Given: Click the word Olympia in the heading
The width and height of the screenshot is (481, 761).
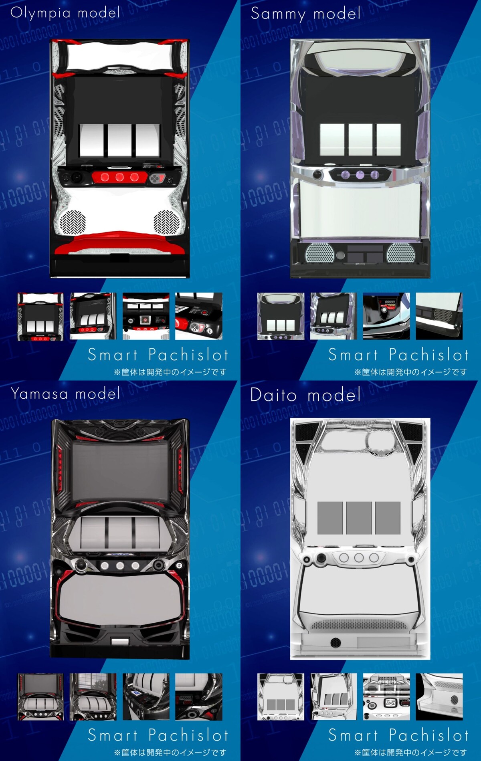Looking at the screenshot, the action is point(40,13).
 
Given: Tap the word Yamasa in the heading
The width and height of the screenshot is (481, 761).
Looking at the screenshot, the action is point(39,394).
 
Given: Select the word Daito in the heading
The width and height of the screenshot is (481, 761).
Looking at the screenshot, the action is point(273,395).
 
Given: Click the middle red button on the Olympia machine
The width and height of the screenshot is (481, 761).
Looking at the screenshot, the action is point(119,177).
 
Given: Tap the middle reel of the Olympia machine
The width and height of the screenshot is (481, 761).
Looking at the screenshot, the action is point(119,140).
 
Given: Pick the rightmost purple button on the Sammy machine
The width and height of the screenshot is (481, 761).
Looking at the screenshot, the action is point(375,174).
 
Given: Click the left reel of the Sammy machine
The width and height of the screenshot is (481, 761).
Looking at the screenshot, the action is point(332,139).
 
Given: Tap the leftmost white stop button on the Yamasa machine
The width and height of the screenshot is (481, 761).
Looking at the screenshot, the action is point(105,565).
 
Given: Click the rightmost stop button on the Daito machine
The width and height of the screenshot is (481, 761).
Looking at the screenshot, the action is point(374,557).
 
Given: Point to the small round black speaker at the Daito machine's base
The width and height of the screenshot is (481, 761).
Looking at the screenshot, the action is point(335,642).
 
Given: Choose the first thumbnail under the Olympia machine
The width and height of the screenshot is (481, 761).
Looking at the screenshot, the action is point(40,316).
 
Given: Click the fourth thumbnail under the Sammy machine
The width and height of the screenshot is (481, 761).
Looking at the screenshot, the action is point(439,316).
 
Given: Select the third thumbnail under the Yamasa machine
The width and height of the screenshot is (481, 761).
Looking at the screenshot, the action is point(146,696).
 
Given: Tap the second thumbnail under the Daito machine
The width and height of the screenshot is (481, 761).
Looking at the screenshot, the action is point(333,696).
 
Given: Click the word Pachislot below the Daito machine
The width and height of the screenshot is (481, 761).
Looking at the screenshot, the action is point(428,735).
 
